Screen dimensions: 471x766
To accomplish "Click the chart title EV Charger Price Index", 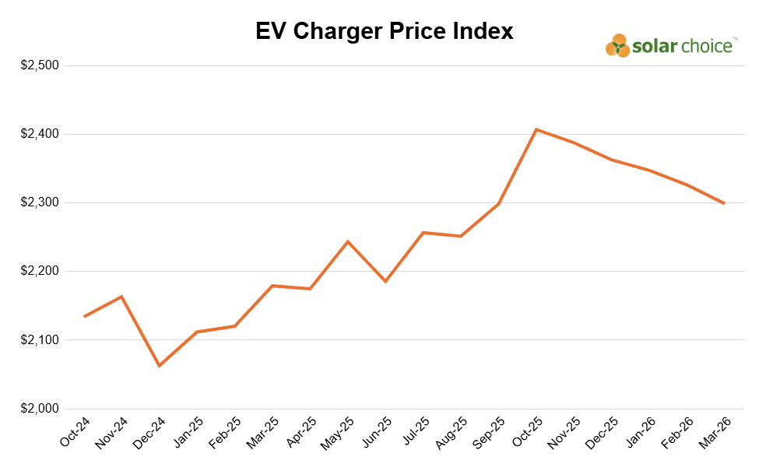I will pyautogui.click(x=385, y=31).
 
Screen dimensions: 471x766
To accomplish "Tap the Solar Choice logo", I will pyautogui.click(x=670, y=47).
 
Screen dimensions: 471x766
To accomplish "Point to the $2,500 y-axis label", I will pyautogui.click(x=40, y=65).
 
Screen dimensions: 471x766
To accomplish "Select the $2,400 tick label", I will pyautogui.click(x=40, y=134).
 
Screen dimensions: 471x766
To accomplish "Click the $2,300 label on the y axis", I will pyautogui.click(x=40, y=202).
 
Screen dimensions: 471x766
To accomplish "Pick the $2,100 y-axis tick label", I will pyautogui.click(x=40, y=340).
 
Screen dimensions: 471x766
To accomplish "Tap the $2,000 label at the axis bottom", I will pyautogui.click(x=40, y=409).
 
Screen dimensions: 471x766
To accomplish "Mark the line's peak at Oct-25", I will pyautogui.click(x=536, y=129).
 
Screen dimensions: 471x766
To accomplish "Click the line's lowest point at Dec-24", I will pyautogui.click(x=160, y=366).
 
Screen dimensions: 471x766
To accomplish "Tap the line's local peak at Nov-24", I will pyautogui.click(x=121, y=297).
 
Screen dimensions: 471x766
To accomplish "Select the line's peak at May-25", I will pyautogui.click(x=347, y=241).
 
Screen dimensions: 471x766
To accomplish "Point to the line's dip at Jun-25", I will pyautogui.click(x=385, y=281).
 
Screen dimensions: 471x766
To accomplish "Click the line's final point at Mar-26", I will pyautogui.click(x=724, y=203).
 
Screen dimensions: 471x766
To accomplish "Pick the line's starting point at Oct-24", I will pyautogui.click(x=84, y=317).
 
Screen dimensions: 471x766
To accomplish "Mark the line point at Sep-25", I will pyautogui.click(x=498, y=204).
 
